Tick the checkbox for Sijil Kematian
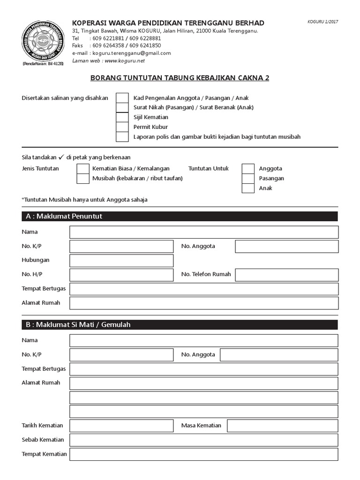pos(122,117)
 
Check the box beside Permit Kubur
pos(122,127)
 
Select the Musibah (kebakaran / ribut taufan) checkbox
pos(83,178)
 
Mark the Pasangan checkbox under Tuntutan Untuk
pos(248,178)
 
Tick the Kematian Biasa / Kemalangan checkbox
pos(83,168)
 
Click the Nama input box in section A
pos(204,232)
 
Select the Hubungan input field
pos(121,261)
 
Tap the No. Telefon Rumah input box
pos(286,275)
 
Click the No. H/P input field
pos(121,275)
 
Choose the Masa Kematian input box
pos(282,426)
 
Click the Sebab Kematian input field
pos(204,440)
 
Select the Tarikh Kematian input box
pos(121,426)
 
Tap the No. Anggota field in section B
pos(279,355)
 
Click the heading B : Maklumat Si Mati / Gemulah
pos(79,324)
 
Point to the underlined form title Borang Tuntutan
pos(180,78)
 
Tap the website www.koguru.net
pos(125,61)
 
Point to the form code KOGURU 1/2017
pos(322,22)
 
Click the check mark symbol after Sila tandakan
pos(61,157)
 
